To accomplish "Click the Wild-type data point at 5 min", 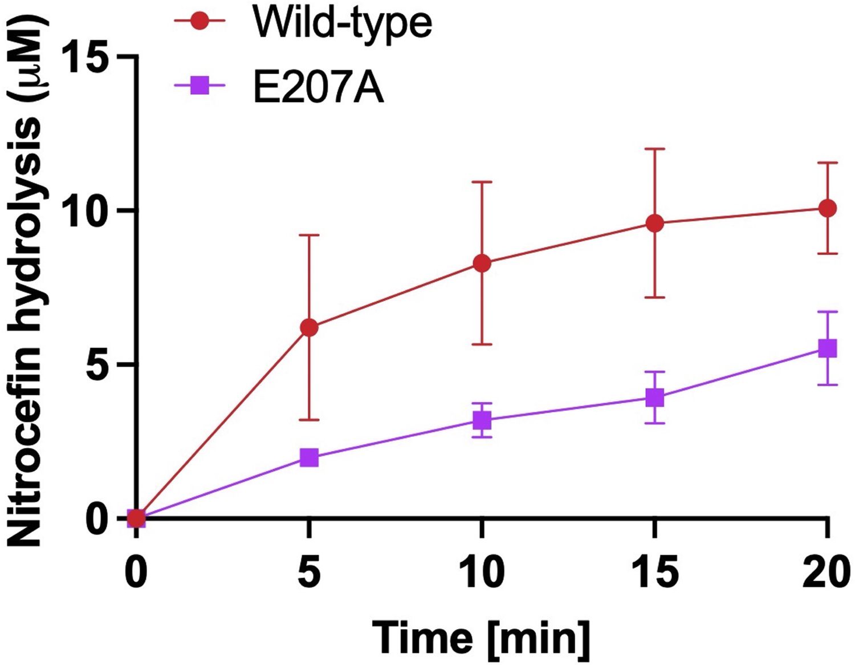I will click(309, 327).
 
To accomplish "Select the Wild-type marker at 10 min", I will click(482, 263).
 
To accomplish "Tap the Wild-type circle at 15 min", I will click(655, 223).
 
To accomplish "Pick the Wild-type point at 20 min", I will click(827, 209).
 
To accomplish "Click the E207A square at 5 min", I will click(309, 457).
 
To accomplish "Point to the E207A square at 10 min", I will click(482, 421).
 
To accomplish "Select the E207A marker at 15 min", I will click(655, 398).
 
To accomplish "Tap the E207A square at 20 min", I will click(827, 348).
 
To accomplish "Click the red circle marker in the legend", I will click(199, 22).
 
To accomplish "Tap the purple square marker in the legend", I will click(199, 87).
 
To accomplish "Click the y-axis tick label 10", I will click(85, 211).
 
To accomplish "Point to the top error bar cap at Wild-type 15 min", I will click(655, 149).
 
